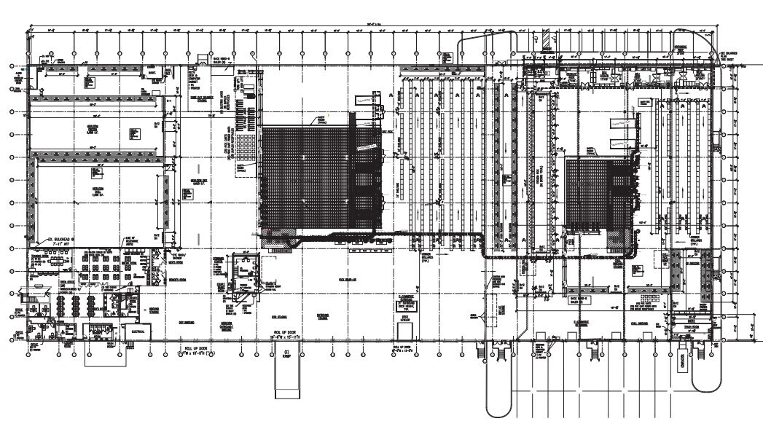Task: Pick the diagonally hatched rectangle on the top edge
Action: (x=546, y=36)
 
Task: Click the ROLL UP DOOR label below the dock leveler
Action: (x=406, y=348)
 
